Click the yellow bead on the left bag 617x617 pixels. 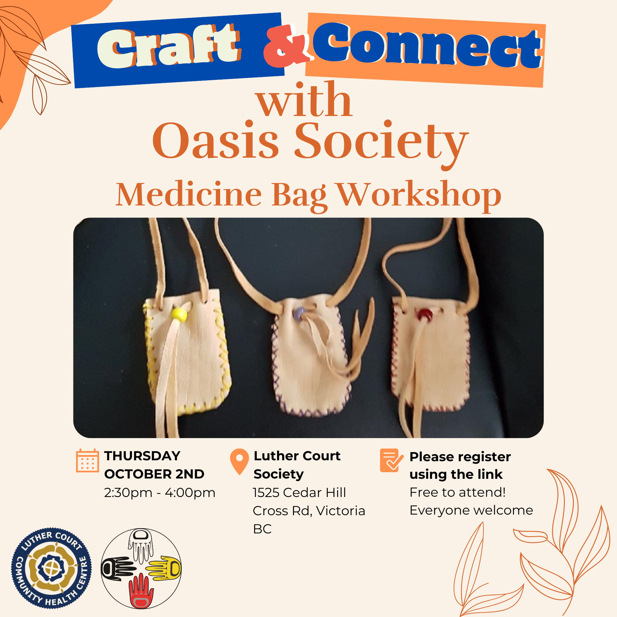[179, 314]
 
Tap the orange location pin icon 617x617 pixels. [239, 461]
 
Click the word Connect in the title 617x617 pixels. [427, 45]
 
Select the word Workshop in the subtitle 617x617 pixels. [419, 194]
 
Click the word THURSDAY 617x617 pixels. [142, 456]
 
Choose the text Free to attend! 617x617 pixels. [458, 492]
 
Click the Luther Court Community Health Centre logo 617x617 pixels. [52, 568]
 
